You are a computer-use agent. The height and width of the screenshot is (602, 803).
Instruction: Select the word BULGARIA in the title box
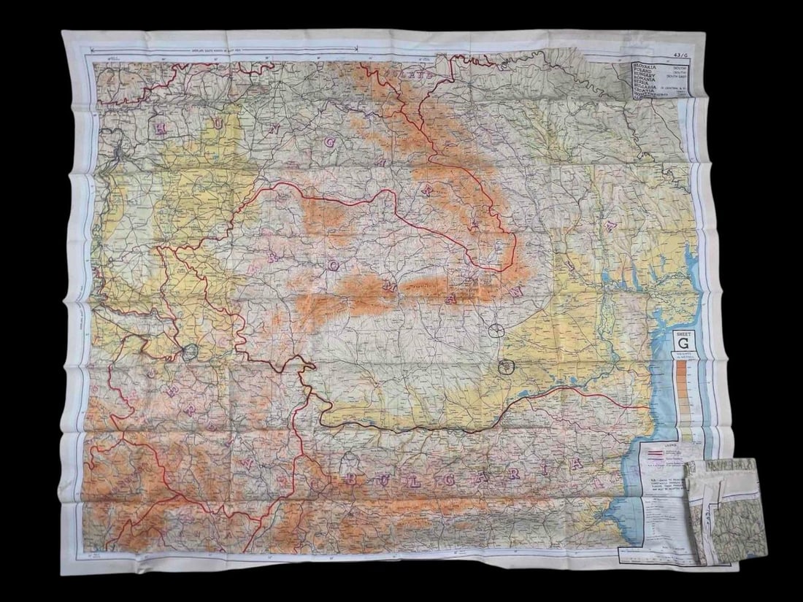pos(645,93)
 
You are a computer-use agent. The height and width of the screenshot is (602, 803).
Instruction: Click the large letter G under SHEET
pos(683,343)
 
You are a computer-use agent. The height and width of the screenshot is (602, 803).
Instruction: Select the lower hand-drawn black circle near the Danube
pos(507,367)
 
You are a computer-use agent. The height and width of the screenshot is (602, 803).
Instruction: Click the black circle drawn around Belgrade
pos(191,353)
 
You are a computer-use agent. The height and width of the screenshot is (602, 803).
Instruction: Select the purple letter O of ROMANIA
pos(332,266)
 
